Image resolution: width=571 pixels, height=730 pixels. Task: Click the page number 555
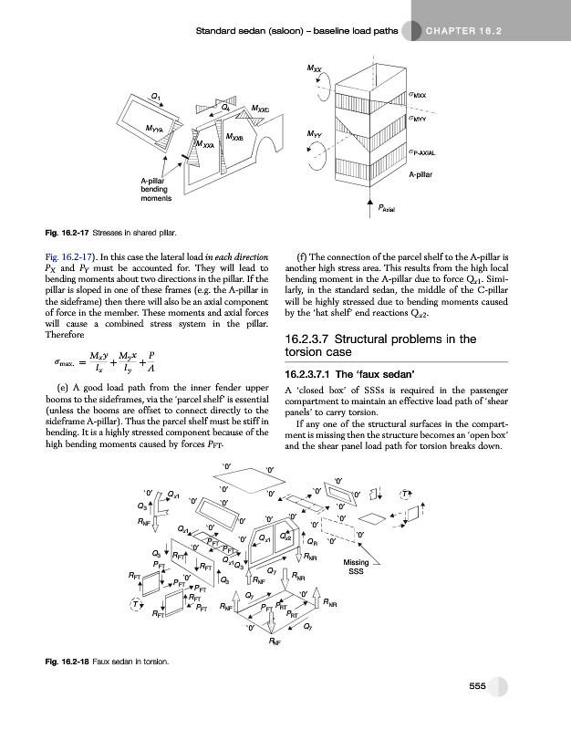(477, 686)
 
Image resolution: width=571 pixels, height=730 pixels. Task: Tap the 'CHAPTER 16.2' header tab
(465, 34)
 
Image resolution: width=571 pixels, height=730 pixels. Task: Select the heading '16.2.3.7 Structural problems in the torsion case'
(380, 345)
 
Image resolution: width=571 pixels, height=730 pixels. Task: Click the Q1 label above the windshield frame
(158, 95)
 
